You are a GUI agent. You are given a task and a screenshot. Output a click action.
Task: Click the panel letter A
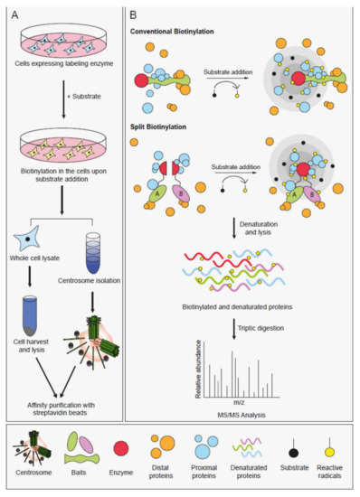tap(16, 14)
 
